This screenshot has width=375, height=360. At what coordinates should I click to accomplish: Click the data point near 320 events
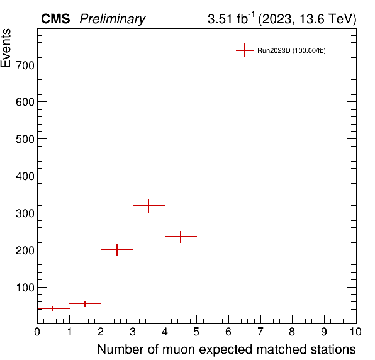click(x=148, y=206)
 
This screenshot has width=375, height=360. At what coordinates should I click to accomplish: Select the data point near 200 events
click(x=117, y=250)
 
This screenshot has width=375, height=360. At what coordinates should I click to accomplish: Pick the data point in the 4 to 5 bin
click(x=181, y=237)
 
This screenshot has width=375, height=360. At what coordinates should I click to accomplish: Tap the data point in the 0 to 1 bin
click(x=53, y=308)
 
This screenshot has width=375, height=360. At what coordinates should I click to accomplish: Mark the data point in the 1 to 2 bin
click(x=85, y=303)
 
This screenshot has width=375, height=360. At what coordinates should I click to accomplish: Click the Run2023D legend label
click(x=291, y=51)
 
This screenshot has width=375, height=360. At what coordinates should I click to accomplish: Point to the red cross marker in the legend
click(x=245, y=50)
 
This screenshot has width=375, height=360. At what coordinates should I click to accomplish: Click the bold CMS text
click(x=55, y=19)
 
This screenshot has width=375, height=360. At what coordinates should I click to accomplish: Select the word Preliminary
click(x=113, y=19)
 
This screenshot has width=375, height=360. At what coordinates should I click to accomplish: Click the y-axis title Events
click(x=6, y=48)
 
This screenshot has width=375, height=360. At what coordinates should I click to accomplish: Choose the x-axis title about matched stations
click(x=227, y=349)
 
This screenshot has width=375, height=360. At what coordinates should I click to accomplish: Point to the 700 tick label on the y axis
click(x=25, y=65)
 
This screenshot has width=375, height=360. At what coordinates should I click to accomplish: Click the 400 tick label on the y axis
click(x=25, y=176)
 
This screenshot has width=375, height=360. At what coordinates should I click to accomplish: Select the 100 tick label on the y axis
click(x=25, y=288)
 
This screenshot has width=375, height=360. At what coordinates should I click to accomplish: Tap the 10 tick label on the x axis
click(x=355, y=332)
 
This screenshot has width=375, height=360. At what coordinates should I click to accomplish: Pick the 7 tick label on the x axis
click(x=260, y=332)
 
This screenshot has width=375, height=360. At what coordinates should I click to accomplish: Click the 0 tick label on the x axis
click(x=37, y=332)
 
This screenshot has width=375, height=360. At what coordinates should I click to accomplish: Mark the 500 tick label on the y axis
click(x=25, y=139)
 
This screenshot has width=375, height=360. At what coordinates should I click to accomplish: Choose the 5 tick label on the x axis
click(x=196, y=332)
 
